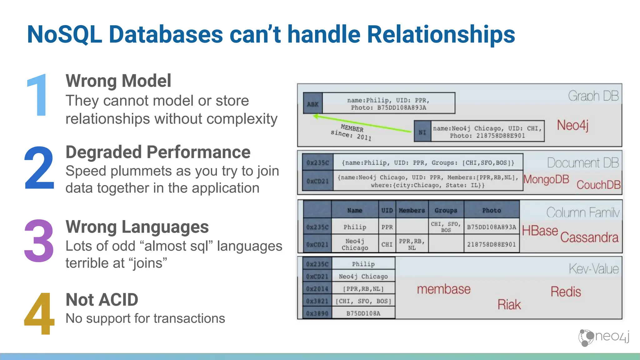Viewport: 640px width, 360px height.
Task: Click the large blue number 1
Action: click(38, 95)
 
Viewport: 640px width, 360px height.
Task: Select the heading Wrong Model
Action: click(118, 81)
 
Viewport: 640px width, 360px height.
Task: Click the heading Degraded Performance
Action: click(158, 152)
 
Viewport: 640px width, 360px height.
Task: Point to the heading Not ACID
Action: click(102, 300)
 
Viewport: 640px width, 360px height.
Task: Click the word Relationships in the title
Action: click(441, 34)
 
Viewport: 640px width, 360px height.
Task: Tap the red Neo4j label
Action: click(572, 125)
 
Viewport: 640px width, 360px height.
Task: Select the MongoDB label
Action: click(546, 179)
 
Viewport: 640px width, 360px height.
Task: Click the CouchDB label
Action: click(598, 185)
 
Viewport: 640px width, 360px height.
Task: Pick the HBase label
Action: click(540, 231)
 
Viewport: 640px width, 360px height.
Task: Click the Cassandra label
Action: click(589, 237)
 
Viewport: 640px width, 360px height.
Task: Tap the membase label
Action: click(443, 289)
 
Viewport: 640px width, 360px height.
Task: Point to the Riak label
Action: click(509, 304)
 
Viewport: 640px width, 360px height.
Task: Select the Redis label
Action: click(566, 292)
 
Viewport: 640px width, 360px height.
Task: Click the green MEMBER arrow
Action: click(362, 124)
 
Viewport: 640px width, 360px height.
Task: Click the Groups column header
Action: click(446, 210)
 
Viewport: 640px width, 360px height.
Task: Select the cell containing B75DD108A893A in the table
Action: click(491, 227)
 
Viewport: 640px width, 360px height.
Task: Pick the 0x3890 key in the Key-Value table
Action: click(317, 313)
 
